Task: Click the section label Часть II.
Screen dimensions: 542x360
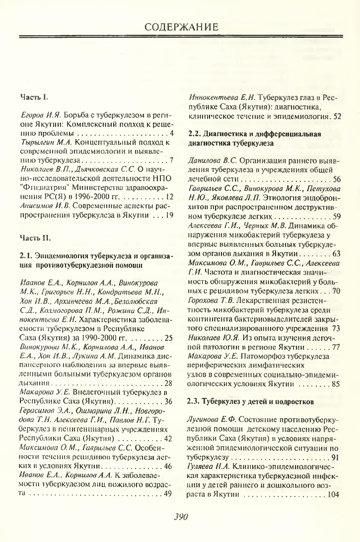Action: point(35,237)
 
